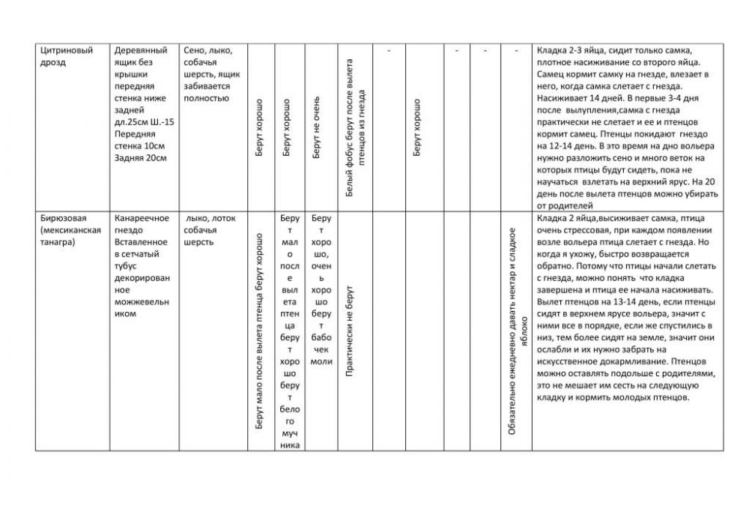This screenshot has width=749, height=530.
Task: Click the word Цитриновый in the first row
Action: tap(66, 51)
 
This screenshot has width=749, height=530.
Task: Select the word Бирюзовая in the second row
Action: tap(63, 218)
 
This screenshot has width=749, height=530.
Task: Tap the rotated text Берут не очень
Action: tap(317, 127)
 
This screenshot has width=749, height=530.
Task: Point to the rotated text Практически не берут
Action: tap(348, 330)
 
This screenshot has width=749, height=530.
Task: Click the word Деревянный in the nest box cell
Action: tap(140, 51)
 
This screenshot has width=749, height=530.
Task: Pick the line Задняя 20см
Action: tap(140, 158)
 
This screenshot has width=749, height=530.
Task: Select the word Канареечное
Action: tap(142, 218)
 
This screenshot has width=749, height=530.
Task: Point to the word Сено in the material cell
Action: tap(194, 51)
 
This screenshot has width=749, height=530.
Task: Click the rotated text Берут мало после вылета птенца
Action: tap(259, 330)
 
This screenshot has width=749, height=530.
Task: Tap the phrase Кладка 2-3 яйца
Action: tap(574, 51)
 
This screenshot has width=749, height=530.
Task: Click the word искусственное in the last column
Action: tap(573, 361)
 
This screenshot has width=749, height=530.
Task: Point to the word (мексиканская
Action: tap(70, 230)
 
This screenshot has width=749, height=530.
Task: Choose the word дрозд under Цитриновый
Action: tap(52, 63)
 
